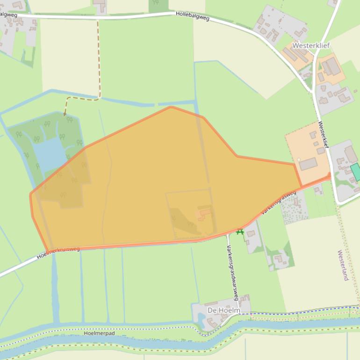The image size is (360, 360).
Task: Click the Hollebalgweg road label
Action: [x=192, y=16]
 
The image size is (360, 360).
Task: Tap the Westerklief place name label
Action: [x=311, y=46]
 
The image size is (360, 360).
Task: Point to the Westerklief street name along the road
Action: [x=324, y=135]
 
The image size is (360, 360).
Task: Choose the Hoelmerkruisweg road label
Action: [x=58, y=252]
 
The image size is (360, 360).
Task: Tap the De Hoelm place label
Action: [x=223, y=310]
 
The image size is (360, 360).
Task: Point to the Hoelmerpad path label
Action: [x=99, y=333]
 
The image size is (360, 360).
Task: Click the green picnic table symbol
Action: [x=240, y=231]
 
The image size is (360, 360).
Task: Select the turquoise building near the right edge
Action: [x=356, y=172]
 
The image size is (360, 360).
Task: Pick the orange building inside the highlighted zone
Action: [x=205, y=214]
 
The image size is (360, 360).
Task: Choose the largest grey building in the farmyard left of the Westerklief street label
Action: [x=308, y=164]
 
